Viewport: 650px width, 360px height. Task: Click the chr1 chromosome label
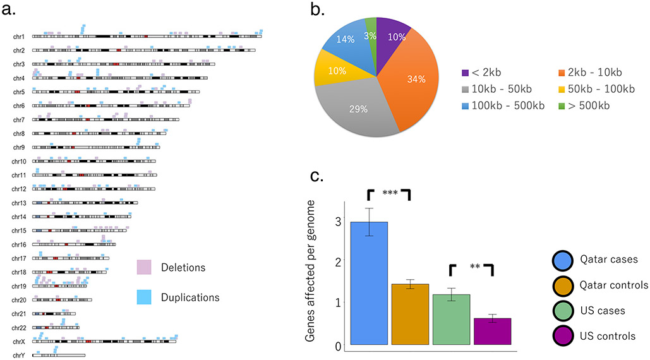(19, 37)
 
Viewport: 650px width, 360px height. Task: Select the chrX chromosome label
(19, 341)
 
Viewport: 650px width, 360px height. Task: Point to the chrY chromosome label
(19, 355)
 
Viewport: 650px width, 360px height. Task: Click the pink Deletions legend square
(145, 267)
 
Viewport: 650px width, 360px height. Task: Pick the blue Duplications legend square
(145, 297)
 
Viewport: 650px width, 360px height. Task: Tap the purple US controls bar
(493, 331)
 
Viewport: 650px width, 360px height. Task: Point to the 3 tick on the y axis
(338, 222)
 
